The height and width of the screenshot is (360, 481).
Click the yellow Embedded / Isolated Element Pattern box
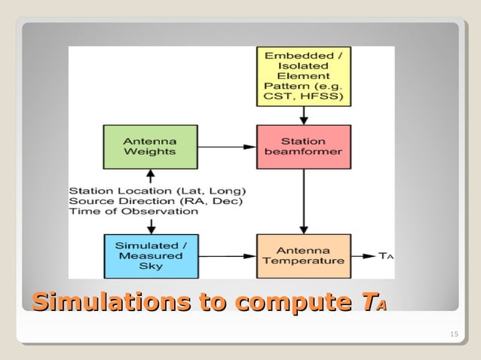(x=303, y=76)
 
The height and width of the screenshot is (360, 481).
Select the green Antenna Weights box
(x=149, y=147)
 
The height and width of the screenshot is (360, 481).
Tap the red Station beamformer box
(x=303, y=147)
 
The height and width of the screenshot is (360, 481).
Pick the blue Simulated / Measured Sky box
(x=150, y=255)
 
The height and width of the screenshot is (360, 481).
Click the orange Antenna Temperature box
(x=303, y=255)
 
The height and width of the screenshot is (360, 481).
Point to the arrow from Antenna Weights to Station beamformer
(x=226, y=147)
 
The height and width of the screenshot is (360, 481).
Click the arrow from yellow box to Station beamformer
(x=303, y=115)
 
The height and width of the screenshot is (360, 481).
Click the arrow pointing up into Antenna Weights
(x=150, y=176)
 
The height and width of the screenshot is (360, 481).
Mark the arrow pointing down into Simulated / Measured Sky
(x=150, y=225)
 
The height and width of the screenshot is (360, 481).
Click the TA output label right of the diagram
(x=385, y=256)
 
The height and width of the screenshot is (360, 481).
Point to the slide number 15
(x=453, y=334)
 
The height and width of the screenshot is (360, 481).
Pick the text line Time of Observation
(x=133, y=211)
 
